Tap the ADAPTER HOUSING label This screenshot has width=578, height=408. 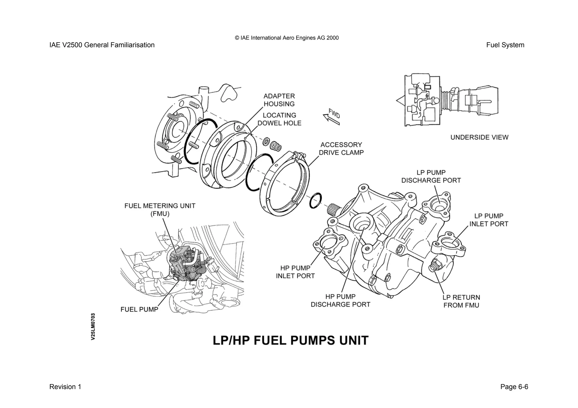[279, 100]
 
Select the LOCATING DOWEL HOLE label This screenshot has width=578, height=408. [279, 119]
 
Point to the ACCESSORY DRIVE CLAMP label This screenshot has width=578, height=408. [341, 149]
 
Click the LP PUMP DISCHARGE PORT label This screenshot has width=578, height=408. [431, 177]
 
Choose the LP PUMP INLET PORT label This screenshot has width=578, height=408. [489, 220]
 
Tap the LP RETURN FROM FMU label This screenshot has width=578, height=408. [461, 301]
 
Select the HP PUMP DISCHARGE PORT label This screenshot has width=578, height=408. [340, 301]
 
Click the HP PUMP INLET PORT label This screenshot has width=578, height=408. [295, 272]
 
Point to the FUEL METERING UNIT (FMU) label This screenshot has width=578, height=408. [160, 210]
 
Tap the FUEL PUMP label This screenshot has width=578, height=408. [139, 309]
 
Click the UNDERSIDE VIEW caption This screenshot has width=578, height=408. [479, 137]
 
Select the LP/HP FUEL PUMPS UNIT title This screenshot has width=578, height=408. [290, 340]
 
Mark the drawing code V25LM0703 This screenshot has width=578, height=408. [93, 326]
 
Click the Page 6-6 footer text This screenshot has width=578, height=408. [514, 387]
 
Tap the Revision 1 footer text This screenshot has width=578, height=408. [65, 387]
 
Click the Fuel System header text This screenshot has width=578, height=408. [505, 45]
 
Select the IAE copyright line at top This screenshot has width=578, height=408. [286, 38]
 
